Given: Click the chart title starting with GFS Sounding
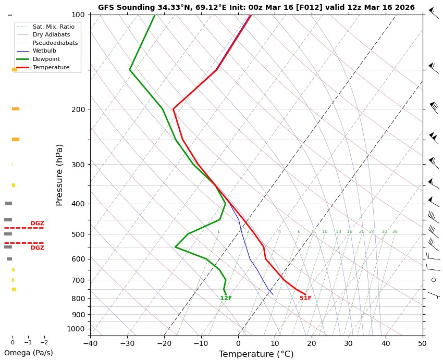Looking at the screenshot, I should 256,7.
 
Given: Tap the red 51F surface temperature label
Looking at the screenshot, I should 305,299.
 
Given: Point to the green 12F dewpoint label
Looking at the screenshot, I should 226,299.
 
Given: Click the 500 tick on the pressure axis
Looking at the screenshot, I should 78,234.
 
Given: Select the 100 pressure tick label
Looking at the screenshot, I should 78,15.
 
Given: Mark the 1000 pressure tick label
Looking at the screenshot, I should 76,329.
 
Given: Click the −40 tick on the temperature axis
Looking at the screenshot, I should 90,343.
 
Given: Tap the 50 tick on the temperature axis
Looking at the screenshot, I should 423,343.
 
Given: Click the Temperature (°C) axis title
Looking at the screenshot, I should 256,354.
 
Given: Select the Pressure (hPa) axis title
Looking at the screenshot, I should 59,175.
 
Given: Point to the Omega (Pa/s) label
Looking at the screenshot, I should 28,353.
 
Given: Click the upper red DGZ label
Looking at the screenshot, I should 37,224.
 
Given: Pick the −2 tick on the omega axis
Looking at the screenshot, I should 44,343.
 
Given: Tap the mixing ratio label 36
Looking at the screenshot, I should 395,231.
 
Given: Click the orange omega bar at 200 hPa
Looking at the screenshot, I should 16,109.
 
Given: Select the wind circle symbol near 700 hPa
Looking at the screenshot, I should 434,280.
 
